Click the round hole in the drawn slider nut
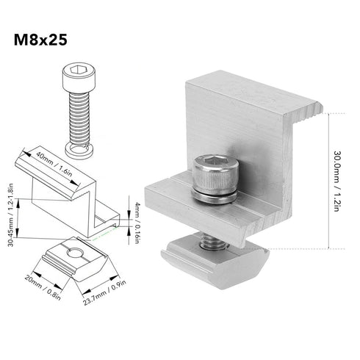pos(76,254)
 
